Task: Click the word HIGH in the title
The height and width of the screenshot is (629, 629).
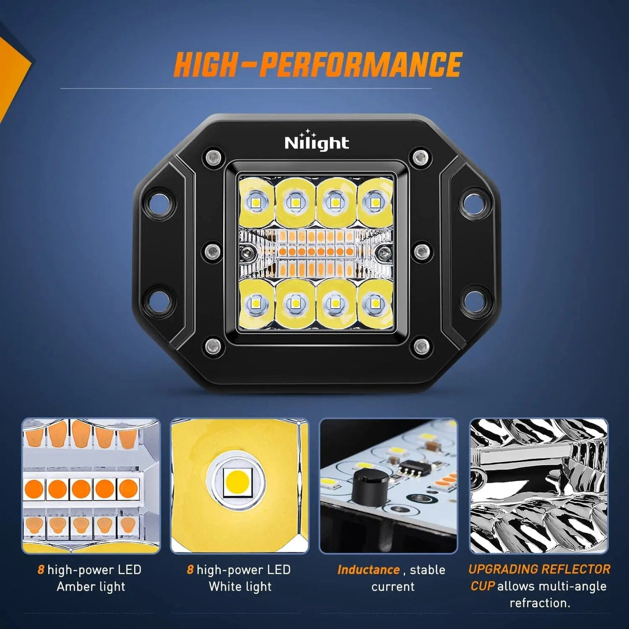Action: pyautogui.click(x=205, y=65)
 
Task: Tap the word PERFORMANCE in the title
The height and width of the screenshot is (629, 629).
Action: pyautogui.click(x=360, y=65)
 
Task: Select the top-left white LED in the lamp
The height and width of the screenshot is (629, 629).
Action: pyautogui.click(x=256, y=202)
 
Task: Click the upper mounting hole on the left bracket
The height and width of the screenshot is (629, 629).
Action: pyautogui.click(x=157, y=204)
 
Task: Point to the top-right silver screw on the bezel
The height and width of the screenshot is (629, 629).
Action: pyautogui.click(x=420, y=156)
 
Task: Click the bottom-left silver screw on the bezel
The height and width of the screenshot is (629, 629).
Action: pyautogui.click(x=212, y=346)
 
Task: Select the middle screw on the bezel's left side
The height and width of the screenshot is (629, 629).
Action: pyautogui.click(x=212, y=251)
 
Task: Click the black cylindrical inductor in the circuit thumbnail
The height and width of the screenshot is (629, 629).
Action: pyautogui.click(x=369, y=487)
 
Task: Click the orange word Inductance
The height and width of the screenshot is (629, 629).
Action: pyautogui.click(x=368, y=570)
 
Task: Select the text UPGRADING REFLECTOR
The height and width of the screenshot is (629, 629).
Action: pyautogui.click(x=539, y=569)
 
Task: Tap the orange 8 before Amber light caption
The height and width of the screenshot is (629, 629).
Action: pyautogui.click(x=40, y=570)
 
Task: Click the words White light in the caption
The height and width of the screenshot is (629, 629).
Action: pyautogui.click(x=240, y=587)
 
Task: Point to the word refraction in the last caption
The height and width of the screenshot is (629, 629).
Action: pyautogui.click(x=539, y=603)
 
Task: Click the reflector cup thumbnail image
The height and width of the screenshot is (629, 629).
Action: pyautogui.click(x=538, y=486)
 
